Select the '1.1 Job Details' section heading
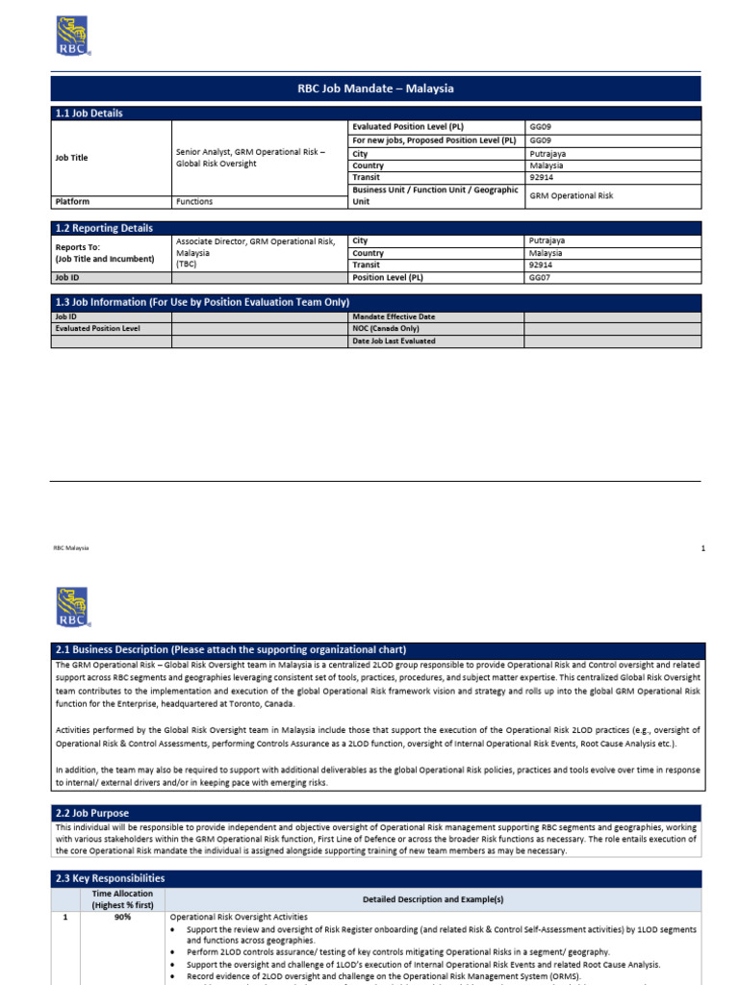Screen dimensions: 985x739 click(x=89, y=114)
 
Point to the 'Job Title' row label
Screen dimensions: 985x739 click(x=71, y=158)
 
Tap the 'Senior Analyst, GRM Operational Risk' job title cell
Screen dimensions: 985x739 click(x=256, y=158)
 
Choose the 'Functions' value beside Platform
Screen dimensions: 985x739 click(x=194, y=202)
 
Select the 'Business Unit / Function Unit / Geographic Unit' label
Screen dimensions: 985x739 click(x=435, y=195)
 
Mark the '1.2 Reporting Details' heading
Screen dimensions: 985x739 click(x=103, y=228)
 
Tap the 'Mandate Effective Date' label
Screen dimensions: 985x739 click(x=394, y=316)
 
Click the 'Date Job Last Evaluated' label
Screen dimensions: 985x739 click(x=394, y=341)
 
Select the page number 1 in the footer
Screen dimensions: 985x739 click(x=703, y=547)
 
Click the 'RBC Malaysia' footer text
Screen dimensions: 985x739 click(x=70, y=547)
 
